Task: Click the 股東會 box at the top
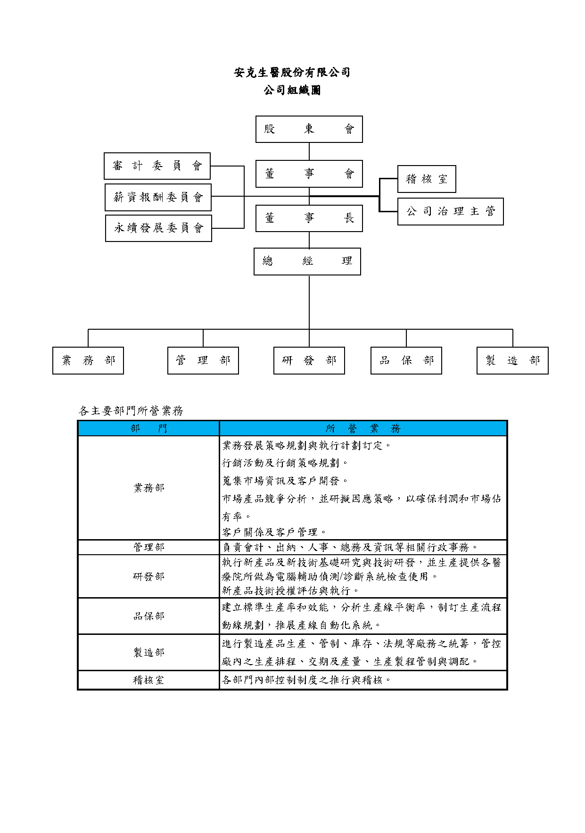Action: coord(309,129)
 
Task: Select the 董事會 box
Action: coord(309,174)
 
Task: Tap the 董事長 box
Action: coord(309,218)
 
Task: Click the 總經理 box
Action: coord(307,261)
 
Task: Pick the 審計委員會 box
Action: coord(157,166)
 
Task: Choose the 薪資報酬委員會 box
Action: coord(158,197)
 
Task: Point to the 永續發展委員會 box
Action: coord(158,228)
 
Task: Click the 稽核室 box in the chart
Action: coord(427,179)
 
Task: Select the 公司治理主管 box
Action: coord(450,211)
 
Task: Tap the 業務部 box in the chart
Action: coord(88,361)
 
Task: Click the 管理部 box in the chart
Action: coord(203,361)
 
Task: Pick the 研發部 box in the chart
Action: coord(309,361)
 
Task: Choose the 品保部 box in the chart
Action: coord(406,361)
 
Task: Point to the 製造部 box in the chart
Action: coord(512,361)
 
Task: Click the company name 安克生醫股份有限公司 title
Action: coord(292,73)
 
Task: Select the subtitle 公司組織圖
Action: coord(292,90)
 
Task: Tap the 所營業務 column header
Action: coord(363,428)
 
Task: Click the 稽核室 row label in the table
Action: coord(148,680)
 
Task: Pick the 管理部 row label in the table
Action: coord(148,547)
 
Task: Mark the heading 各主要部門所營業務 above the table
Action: coord(131,411)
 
